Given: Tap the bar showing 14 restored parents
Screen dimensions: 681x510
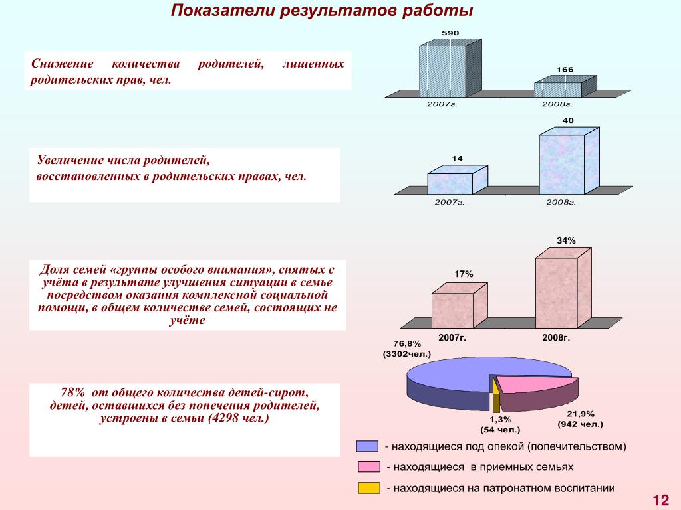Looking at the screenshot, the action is tap(449, 183).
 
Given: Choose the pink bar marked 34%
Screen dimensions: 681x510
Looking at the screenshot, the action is tap(556, 292).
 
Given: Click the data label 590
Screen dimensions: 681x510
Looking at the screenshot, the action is tap(450, 33).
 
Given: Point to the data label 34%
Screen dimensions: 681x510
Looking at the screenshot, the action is tap(566, 240).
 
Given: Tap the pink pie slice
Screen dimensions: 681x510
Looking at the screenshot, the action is tap(532, 384).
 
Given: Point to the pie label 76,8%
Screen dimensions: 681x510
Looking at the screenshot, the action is tap(407, 343).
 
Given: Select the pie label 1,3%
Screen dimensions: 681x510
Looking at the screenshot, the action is tap(500, 419).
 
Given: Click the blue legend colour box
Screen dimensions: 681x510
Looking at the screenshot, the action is tap(367, 446).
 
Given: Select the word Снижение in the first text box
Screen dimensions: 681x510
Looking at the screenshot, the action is tap(55, 64).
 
